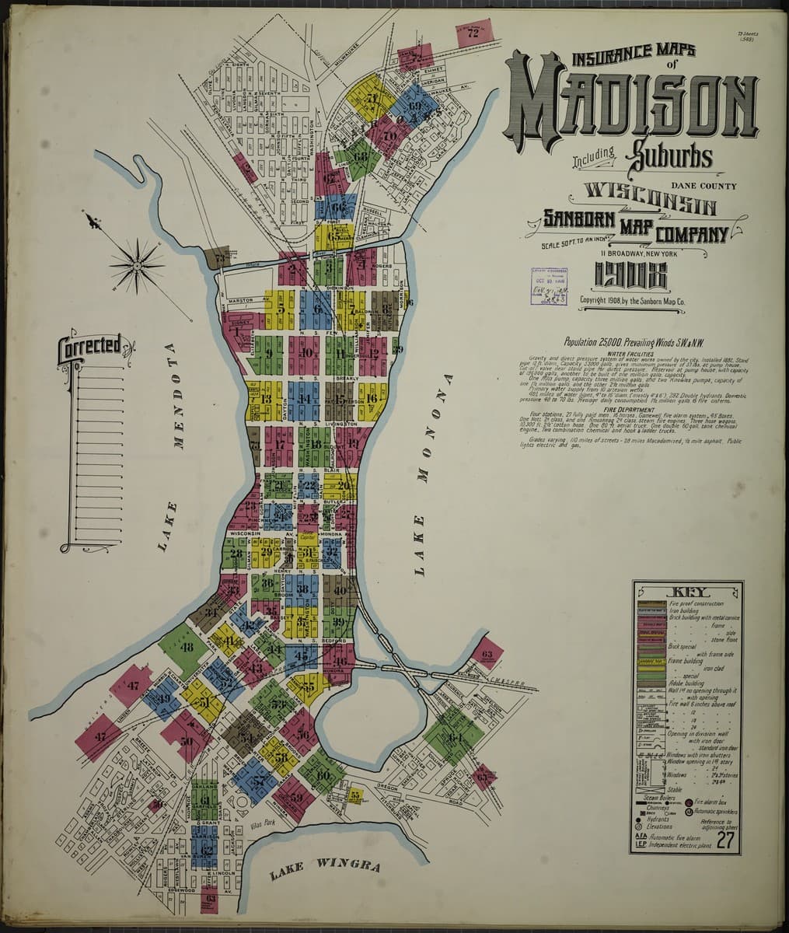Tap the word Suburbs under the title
coord(669,155)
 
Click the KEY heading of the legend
coord(686,590)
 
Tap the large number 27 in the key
coord(726,840)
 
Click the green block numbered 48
coord(185,647)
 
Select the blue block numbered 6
coord(316,308)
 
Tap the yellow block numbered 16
coord(372,398)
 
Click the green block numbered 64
coord(455,736)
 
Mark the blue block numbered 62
coord(205,850)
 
